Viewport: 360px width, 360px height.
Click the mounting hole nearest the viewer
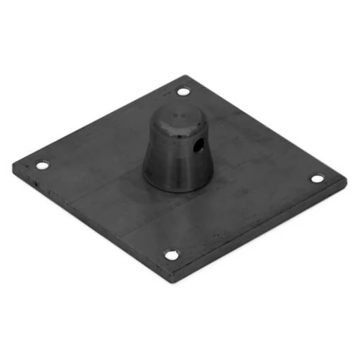tap(172, 255)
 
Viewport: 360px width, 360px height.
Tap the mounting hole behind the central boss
tap(183, 92)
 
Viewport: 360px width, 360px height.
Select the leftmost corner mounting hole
tap(42, 165)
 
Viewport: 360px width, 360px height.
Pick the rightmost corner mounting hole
tap(317, 179)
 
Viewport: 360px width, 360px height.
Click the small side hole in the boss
tap(198, 145)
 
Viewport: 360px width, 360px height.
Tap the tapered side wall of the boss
tap(166, 160)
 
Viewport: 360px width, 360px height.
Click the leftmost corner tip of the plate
tap(14, 164)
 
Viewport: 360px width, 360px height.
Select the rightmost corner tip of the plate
tap(346, 181)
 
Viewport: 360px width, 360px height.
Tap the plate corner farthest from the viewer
tap(185, 75)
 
